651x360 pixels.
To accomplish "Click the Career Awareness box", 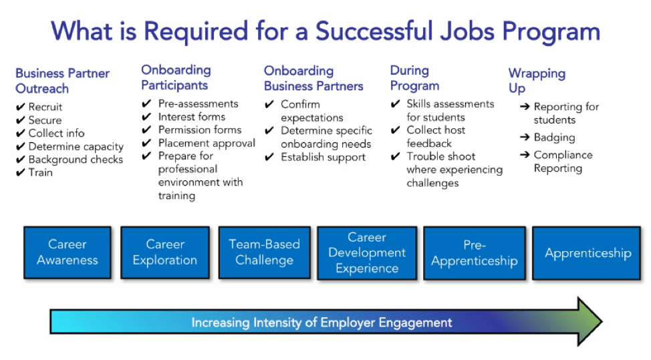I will [x=67, y=252].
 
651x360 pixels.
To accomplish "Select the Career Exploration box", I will [x=164, y=252].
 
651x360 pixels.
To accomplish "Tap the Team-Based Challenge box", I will [x=264, y=252].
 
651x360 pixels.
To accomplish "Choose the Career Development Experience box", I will [x=367, y=253].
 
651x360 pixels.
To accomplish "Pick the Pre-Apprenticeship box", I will [x=474, y=253].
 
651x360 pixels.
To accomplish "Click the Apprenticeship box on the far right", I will [x=588, y=253].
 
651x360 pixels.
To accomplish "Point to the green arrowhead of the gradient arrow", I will [x=588, y=322].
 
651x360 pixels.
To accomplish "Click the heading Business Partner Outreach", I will [x=62, y=81].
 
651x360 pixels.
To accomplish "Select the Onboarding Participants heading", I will [x=176, y=77].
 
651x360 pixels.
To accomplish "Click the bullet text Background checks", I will [x=76, y=160].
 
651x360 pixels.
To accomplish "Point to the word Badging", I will [x=554, y=138].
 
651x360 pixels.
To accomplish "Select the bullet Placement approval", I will [x=207, y=143].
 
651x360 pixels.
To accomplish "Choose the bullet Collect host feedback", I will [x=435, y=136].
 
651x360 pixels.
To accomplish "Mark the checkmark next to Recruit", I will [x=20, y=107].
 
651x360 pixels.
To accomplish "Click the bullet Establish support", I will [x=323, y=158].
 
